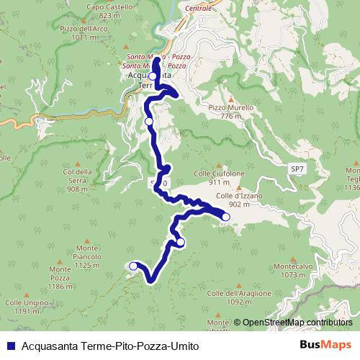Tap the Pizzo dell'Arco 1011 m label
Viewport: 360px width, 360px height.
[79, 33]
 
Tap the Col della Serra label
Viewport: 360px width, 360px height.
[78, 176]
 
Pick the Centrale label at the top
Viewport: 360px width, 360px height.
[199, 8]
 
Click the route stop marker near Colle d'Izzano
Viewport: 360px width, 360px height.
[225, 217]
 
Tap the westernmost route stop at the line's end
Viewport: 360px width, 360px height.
[132, 266]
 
